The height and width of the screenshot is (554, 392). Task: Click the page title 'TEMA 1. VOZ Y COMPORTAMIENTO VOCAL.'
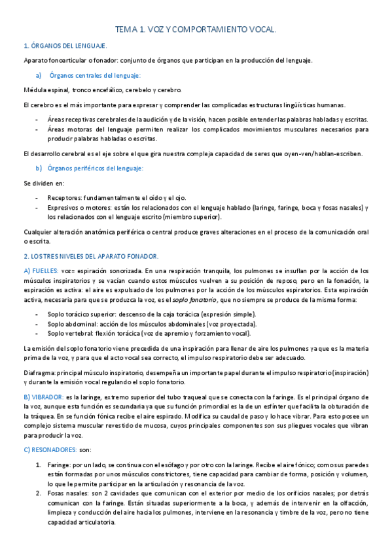point(196,29)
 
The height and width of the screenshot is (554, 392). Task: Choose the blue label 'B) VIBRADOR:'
point(45,397)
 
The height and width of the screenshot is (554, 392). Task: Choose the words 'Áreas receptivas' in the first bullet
point(71,120)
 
